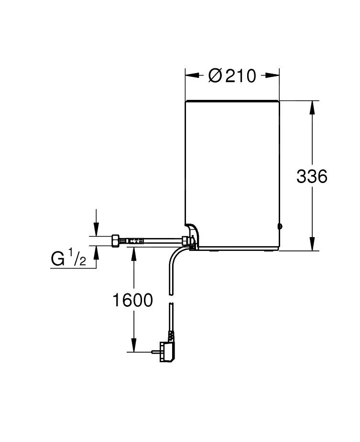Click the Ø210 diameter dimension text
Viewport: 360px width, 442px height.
tap(232, 75)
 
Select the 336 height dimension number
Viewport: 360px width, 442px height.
tap(312, 176)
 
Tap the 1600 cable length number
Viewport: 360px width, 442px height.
tap(132, 300)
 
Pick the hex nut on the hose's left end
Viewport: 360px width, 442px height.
tap(115, 240)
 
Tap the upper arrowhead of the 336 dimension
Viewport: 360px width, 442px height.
tap(312, 108)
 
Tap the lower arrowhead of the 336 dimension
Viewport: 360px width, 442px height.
tap(312, 244)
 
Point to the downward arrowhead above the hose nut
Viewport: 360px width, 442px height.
tap(96, 230)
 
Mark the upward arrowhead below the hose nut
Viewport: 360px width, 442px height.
tap(96, 252)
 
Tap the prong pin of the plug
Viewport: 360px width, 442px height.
tap(155, 351)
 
